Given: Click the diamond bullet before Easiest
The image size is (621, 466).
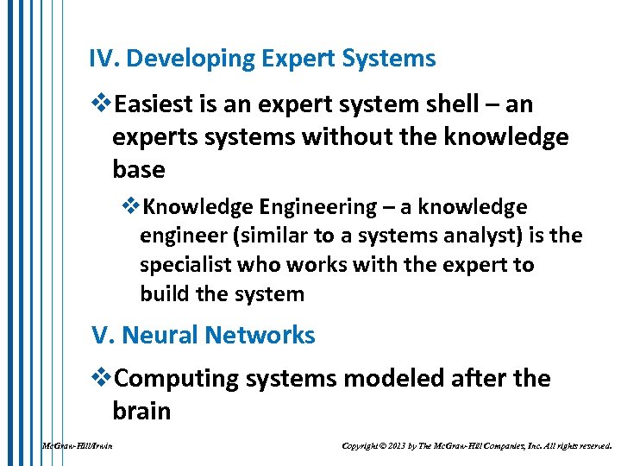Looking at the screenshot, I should pyautogui.click(x=101, y=104).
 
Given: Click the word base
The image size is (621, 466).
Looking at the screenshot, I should pyautogui.click(x=138, y=169).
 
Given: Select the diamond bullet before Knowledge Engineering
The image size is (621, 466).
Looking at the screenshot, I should pyautogui.click(x=131, y=207).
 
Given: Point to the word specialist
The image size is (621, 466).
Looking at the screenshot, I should pyautogui.click(x=182, y=265).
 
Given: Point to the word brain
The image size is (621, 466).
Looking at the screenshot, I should pyautogui.click(x=141, y=411).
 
